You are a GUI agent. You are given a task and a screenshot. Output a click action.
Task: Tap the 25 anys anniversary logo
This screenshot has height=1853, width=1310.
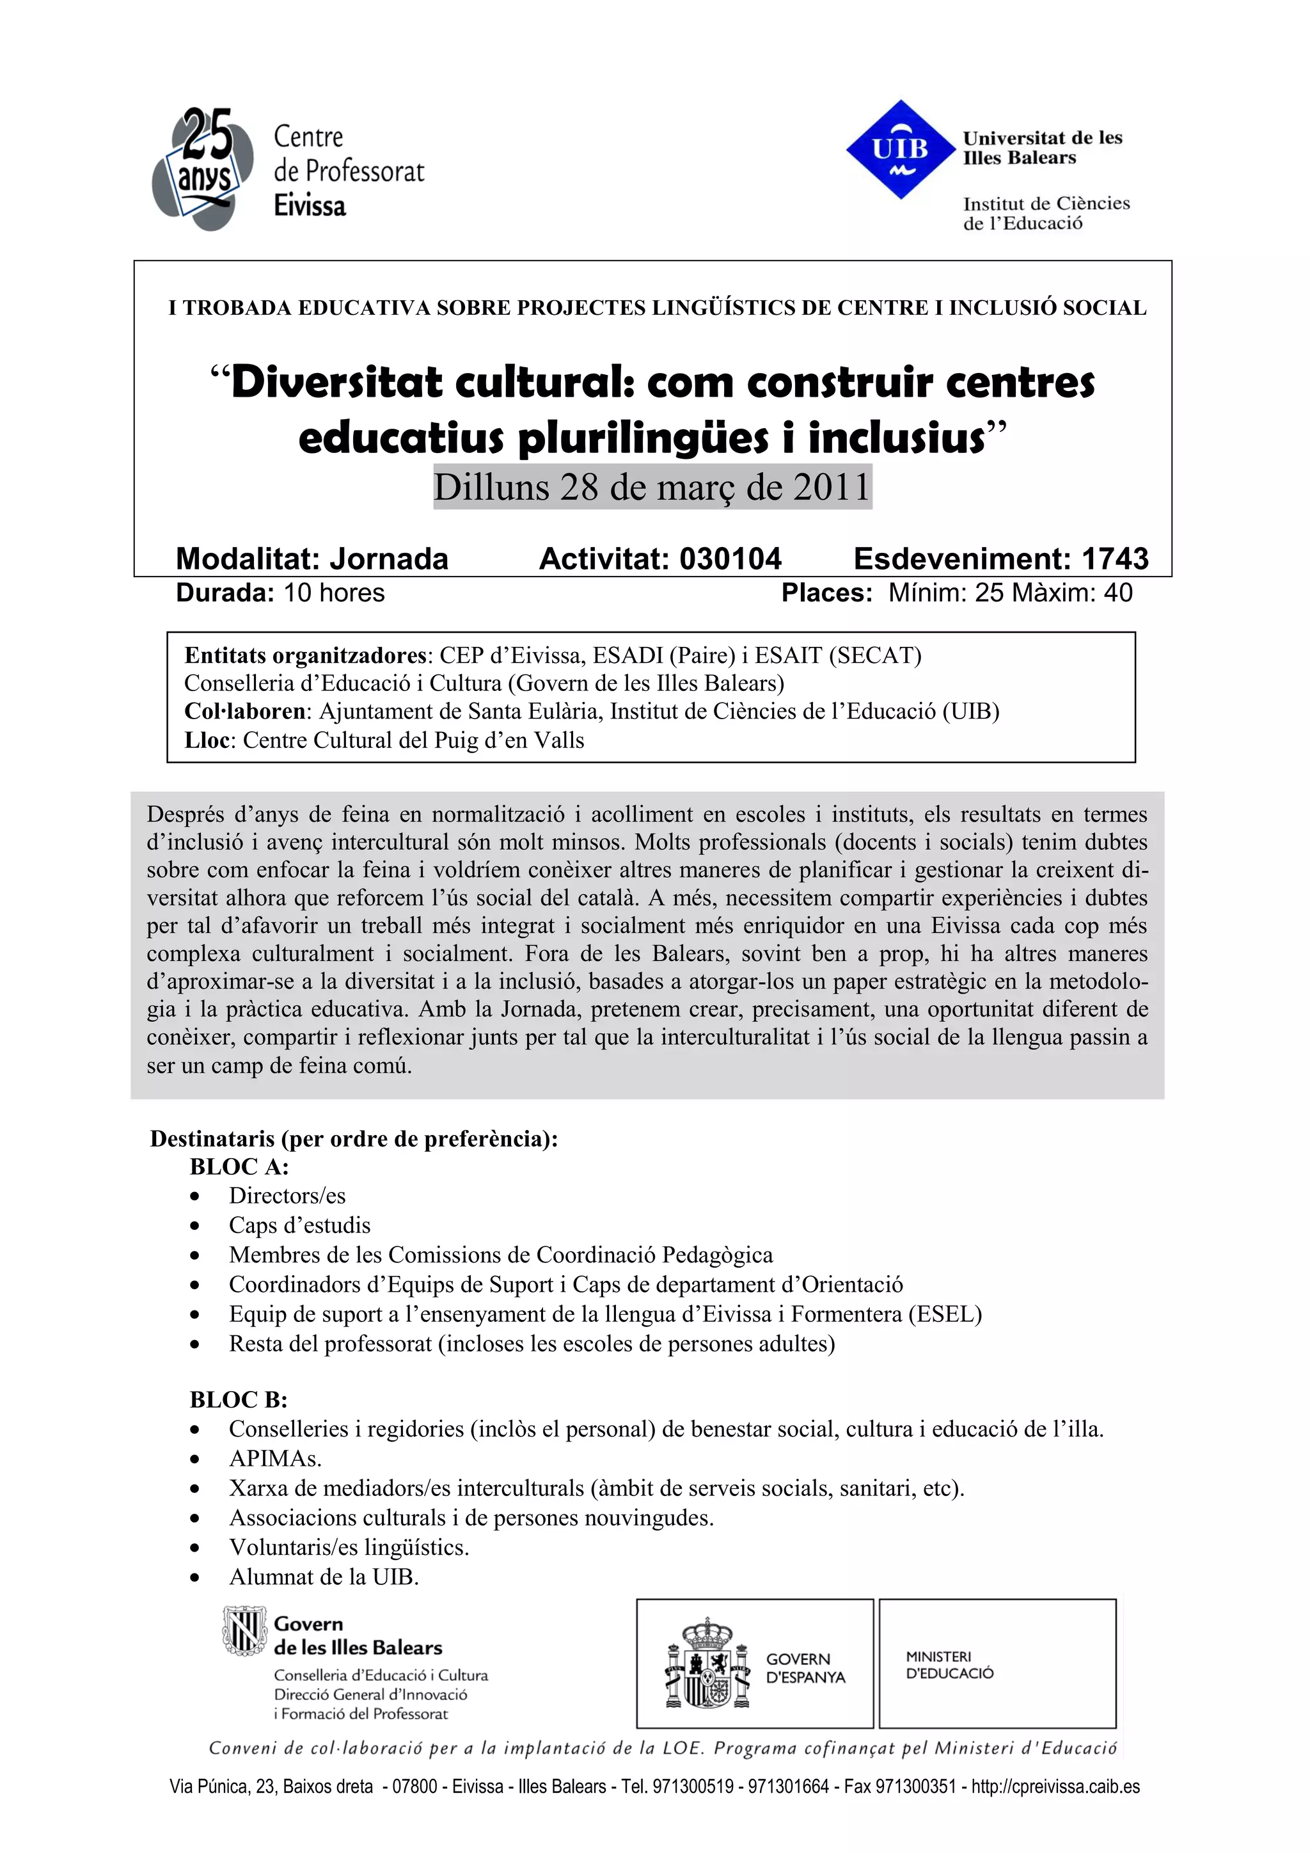coord(198,167)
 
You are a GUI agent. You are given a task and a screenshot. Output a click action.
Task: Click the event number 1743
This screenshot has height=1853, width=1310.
coord(1115,559)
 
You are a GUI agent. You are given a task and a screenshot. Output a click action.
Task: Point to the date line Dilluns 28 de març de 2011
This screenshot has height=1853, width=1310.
coord(652,487)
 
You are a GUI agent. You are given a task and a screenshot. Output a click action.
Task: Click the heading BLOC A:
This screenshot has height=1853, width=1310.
coord(239,1166)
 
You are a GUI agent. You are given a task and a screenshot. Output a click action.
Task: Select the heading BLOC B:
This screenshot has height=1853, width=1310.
coord(238,1399)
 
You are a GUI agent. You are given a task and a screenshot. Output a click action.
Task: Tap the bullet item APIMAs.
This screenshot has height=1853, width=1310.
coord(275,1458)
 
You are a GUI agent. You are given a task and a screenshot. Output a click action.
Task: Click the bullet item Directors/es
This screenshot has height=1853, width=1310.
coord(287,1195)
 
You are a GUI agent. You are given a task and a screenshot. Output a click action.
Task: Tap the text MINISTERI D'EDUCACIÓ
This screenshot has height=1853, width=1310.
coord(949,1665)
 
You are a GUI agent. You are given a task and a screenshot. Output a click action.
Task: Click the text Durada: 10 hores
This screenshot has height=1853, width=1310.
coord(280,592)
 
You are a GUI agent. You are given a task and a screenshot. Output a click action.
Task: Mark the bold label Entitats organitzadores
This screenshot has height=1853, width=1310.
coord(306,655)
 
